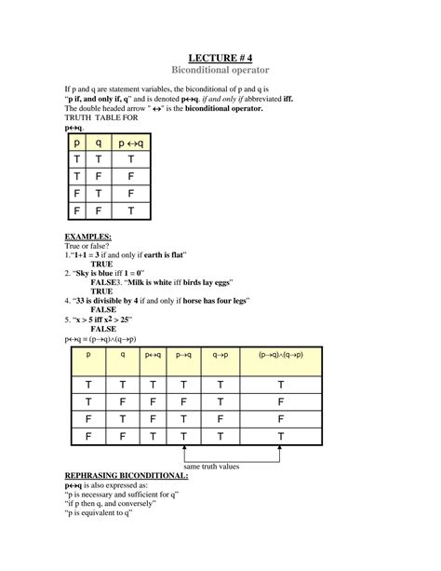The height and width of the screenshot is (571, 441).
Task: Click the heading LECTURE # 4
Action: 220,57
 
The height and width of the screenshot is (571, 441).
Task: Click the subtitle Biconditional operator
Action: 220,71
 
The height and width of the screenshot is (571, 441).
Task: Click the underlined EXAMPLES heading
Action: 87,237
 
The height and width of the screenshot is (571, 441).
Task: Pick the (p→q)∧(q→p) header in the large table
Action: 280,355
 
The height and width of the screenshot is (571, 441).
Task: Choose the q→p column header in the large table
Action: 220,355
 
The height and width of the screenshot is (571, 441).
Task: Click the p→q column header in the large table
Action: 183,355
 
